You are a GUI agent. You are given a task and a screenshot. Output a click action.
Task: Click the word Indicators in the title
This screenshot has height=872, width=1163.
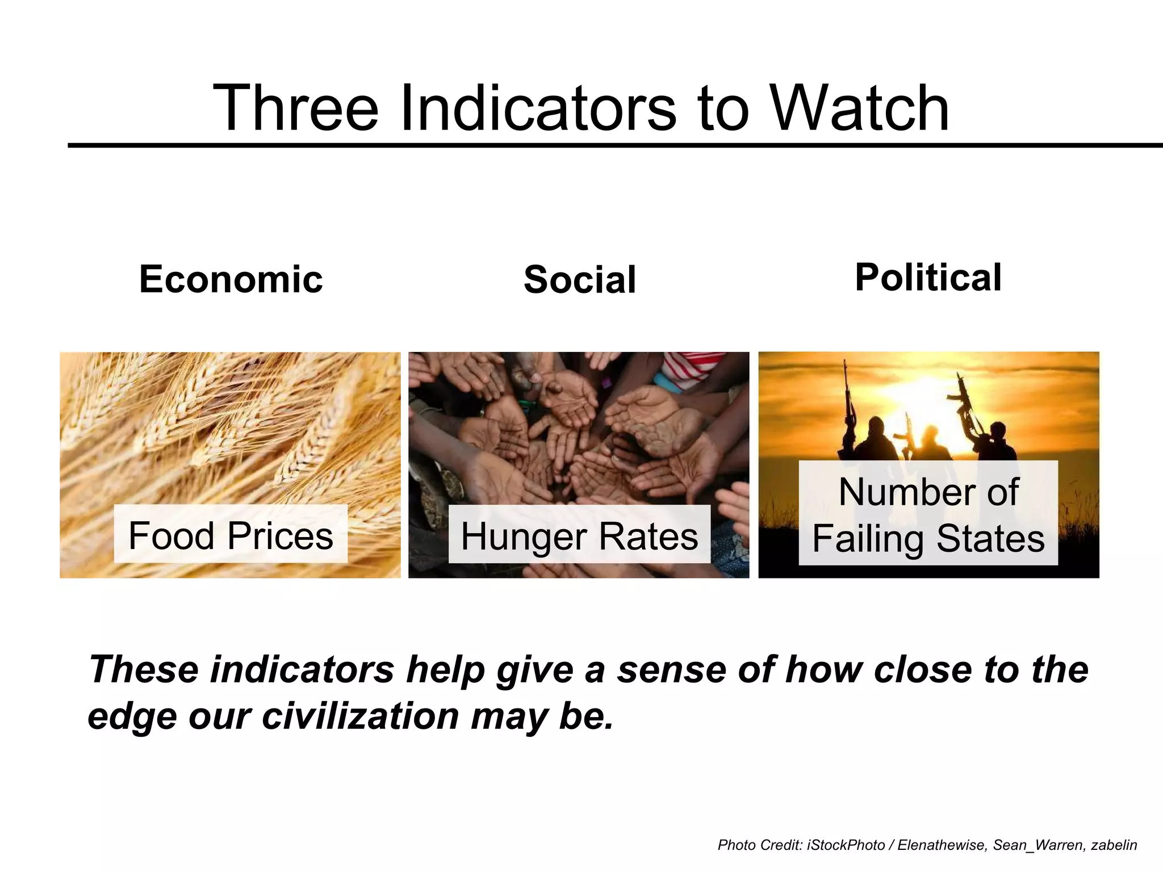click(x=538, y=108)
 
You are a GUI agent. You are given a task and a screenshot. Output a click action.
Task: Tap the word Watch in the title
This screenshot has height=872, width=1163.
click(x=860, y=108)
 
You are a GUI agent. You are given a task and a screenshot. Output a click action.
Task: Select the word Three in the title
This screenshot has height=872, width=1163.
click(x=295, y=108)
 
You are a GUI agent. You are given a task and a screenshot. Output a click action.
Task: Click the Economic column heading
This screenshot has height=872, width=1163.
click(x=231, y=279)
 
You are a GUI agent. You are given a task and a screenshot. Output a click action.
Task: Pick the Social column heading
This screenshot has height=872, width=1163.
click(x=580, y=280)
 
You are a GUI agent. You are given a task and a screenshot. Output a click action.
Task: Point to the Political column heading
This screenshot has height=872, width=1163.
click(x=928, y=278)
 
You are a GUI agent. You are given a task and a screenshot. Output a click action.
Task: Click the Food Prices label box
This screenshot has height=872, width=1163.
click(x=231, y=535)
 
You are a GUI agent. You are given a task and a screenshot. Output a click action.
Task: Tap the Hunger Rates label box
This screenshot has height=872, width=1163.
click(x=579, y=535)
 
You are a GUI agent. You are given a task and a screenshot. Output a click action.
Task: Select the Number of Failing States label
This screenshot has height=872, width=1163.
click(x=928, y=514)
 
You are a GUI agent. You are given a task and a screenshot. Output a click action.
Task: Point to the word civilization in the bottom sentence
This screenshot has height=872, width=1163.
click(x=361, y=716)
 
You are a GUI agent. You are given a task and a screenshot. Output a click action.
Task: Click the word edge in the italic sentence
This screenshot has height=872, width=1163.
click(x=133, y=717)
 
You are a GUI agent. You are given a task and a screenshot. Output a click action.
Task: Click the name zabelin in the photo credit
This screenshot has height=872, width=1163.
click(x=1114, y=845)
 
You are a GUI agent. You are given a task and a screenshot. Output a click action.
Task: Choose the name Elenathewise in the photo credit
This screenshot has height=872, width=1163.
click(x=942, y=845)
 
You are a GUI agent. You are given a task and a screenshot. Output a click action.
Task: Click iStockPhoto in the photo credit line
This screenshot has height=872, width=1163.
click(x=846, y=845)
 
